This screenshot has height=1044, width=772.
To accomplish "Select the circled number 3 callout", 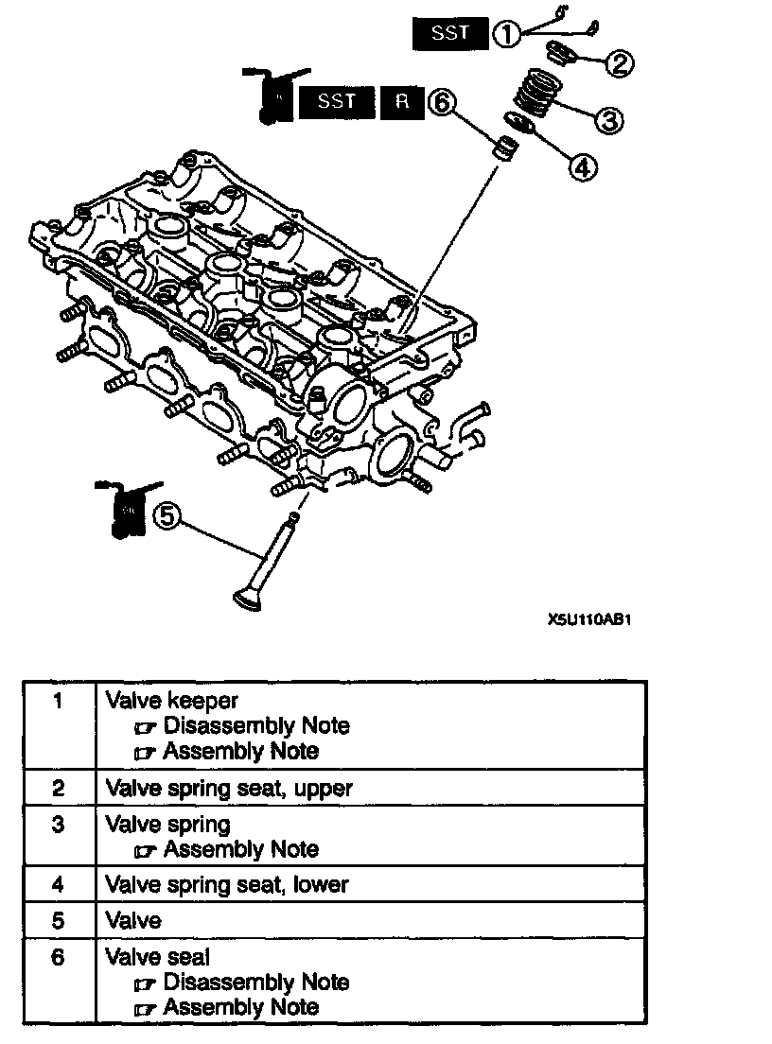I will [x=606, y=118].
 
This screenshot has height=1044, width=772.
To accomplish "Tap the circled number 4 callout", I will [x=582, y=165].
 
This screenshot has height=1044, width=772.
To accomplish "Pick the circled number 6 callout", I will [x=442, y=101].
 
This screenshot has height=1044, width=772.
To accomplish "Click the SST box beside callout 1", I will [x=450, y=34].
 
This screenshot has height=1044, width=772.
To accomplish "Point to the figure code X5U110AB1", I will [x=588, y=622].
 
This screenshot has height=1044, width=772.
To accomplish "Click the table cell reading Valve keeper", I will [x=171, y=701].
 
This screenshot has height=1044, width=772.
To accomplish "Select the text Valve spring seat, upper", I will [x=229, y=788].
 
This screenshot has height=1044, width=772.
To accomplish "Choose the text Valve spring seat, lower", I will [x=227, y=884].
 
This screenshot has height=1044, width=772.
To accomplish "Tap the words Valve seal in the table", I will [x=157, y=957].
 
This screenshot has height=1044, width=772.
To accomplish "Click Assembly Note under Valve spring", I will [x=240, y=849].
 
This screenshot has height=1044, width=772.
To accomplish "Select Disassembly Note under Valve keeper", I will [x=255, y=726].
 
